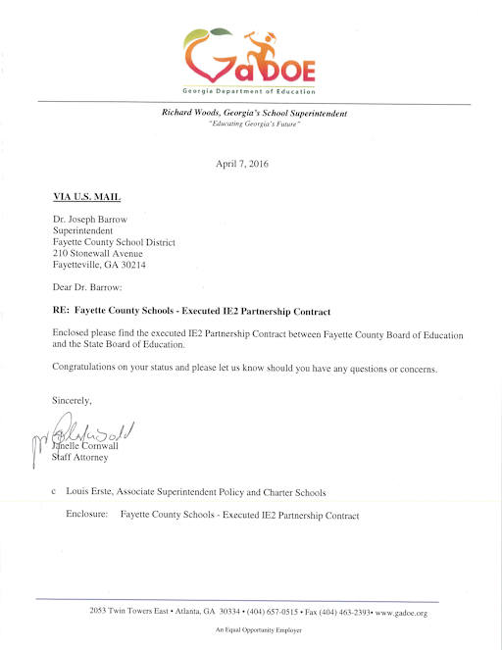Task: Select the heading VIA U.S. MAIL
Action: click(85, 196)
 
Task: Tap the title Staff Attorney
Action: click(79, 456)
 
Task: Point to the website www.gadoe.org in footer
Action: click(401, 613)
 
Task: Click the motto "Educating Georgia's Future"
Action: click(254, 124)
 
